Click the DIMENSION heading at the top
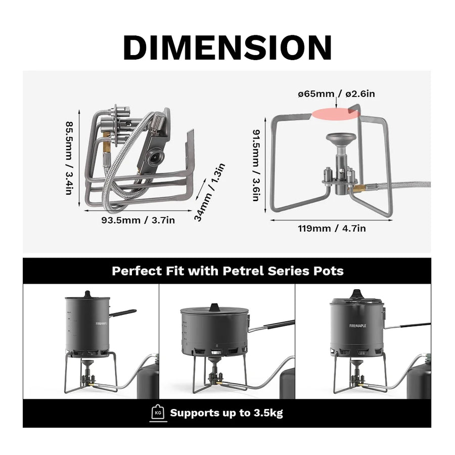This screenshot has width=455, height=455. click(x=227, y=48)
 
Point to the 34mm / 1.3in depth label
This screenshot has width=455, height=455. click(x=209, y=193)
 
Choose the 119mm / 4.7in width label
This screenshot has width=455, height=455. click(x=332, y=229)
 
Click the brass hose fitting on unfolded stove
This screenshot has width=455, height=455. click(x=359, y=189)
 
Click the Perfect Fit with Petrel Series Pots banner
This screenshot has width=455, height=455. click(x=227, y=270)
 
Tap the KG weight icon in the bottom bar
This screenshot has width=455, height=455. click(x=157, y=413)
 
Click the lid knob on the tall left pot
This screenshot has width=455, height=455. click(x=87, y=294)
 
